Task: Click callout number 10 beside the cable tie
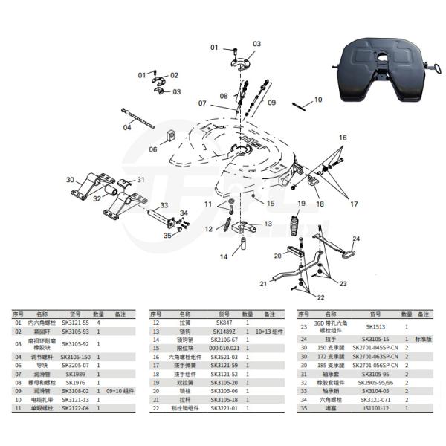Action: click(x=318, y=99)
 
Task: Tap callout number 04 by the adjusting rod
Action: click(x=127, y=127)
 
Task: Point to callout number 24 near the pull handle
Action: click(x=356, y=239)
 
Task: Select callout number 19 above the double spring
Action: click(x=302, y=204)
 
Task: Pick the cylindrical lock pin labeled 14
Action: click(x=242, y=244)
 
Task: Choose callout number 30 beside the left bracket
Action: click(x=70, y=180)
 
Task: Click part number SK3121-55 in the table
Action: click(x=75, y=323)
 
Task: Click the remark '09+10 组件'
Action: click(x=120, y=390)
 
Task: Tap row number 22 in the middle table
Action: click(x=156, y=407)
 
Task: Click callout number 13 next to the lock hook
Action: click(x=268, y=223)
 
